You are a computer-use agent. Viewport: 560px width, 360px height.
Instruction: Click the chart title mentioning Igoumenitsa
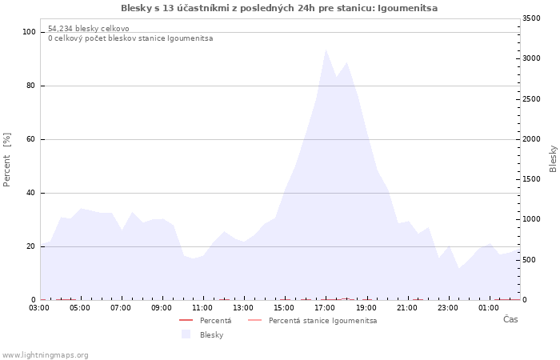pyautogui.click(x=279, y=8)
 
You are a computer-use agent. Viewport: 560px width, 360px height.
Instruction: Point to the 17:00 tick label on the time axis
pyautogui.click(x=325, y=308)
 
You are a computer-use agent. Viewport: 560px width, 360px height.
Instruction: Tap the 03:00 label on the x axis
pyautogui.click(x=39, y=308)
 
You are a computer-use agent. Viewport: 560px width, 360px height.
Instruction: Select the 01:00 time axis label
pyautogui.click(x=488, y=308)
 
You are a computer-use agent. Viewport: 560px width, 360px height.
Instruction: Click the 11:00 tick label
pyautogui.click(x=202, y=308)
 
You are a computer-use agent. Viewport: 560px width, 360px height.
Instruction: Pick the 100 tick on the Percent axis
pyautogui.click(x=29, y=32)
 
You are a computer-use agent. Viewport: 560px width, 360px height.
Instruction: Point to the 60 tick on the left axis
pyautogui.click(x=30, y=139)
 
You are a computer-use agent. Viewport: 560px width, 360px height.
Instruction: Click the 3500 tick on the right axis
pyautogui.click(x=531, y=18)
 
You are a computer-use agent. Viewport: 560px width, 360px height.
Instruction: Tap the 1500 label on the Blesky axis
pyautogui.click(x=531, y=179)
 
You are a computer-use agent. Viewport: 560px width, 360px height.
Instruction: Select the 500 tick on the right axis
pyautogui.click(x=530, y=260)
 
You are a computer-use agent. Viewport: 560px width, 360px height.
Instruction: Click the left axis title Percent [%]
pyautogui.click(x=6, y=160)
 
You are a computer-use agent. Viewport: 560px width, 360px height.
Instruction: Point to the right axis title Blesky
pyautogui.click(x=553, y=159)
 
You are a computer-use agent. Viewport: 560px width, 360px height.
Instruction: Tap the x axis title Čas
pyautogui.click(x=510, y=319)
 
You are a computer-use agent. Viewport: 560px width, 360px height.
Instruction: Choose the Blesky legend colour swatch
pyautogui.click(x=186, y=334)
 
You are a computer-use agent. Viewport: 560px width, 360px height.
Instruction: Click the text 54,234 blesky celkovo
pyautogui.click(x=89, y=29)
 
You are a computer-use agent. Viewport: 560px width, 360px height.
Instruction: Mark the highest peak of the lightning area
pyautogui.click(x=326, y=50)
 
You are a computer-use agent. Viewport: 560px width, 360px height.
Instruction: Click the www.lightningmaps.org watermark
pyautogui.click(x=44, y=355)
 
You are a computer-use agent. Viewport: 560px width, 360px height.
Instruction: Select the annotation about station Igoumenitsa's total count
pyautogui.click(x=130, y=38)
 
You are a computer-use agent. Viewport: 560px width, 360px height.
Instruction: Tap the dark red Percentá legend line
pyautogui.click(x=186, y=320)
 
